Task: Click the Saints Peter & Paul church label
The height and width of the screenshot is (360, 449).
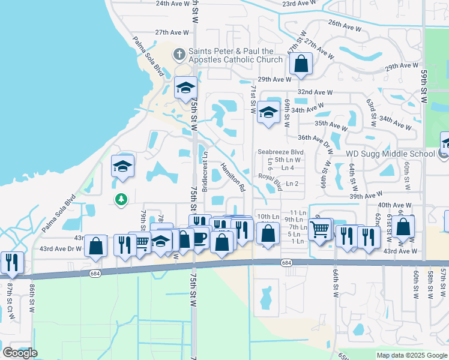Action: pyautogui.click(x=235, y=55)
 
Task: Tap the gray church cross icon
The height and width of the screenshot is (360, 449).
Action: pyautogui.click(x=179, y=55)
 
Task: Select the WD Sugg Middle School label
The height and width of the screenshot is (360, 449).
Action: pyautogui.click(x=390, y=154)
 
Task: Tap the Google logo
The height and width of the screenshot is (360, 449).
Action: pyautogui.click(x=20, y=353)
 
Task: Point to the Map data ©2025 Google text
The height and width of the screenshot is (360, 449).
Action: pyautogui.click(x=412, y=355)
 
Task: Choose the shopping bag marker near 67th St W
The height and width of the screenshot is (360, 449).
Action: pyautogui.click(x=301, y=64)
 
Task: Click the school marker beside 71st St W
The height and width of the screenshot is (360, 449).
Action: pyautogui.click(x=269, y=112)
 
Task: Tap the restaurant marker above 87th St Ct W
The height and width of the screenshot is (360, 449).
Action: pyautogui.click(x=11, y=263)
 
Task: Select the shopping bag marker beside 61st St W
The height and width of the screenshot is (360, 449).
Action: pyautogui.click(x=403, y=227)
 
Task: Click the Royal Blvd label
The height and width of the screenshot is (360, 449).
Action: pyautogui.click(x=270, y=177)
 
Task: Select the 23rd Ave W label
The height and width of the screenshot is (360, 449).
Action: pyautogui.click(x=297, y=3)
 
